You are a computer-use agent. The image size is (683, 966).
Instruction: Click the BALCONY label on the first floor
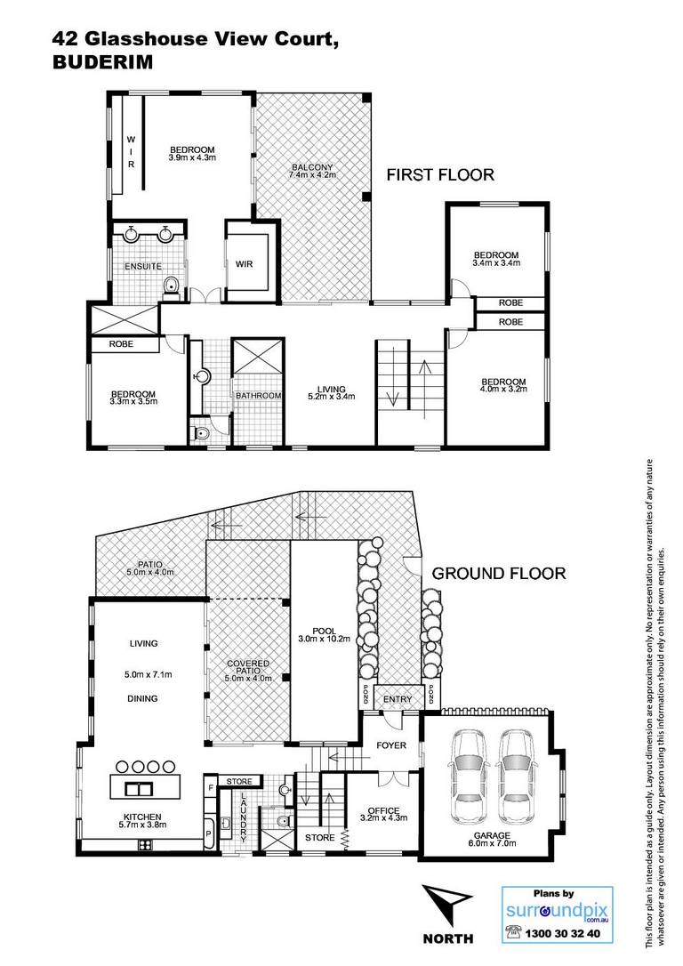click(313, 167)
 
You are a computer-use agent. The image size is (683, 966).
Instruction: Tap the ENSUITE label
click(143, 266)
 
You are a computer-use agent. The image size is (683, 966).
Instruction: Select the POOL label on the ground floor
click(324, 631)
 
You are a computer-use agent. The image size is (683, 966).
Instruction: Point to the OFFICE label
click(383, 810)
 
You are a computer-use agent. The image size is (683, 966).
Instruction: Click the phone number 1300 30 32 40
click(562, 933)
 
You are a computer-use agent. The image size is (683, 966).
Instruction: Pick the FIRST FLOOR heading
click(440, 175)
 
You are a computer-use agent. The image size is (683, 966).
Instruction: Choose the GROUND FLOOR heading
click(498, 574)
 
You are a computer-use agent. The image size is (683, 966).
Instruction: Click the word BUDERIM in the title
click(103, 62)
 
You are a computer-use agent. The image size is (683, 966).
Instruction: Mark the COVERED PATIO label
click(248, 667)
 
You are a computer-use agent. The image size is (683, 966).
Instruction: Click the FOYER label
click(391, 745)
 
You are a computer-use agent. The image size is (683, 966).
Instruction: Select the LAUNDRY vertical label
click(244, 817)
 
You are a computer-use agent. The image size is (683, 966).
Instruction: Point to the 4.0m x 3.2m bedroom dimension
click(503, 390)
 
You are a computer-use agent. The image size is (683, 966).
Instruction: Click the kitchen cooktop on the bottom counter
click(145, 845)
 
